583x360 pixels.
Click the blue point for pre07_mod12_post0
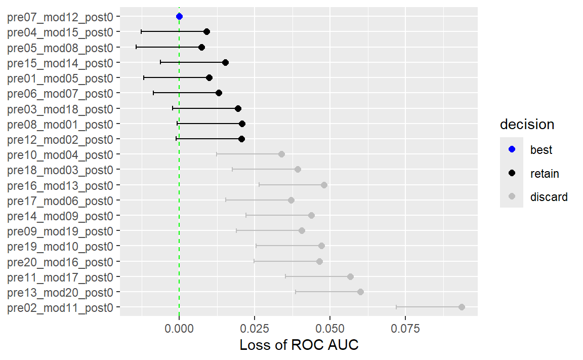click(x=179, y=17)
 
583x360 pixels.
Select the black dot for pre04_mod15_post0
click(x=206, y=32)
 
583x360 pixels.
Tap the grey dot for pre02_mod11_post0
click(x=462, y=307)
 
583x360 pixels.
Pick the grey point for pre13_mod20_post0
click(x=360, y=292)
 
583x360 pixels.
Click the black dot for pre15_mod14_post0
click(x=225, y=63)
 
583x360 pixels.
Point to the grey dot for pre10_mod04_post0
click(x=281, y=154)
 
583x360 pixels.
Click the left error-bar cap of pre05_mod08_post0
click(x=136, y=47)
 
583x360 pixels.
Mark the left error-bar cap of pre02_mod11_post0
click(x=396, y=307)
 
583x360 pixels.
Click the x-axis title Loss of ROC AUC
click(x=299, y=345)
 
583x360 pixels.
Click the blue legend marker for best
click(x=512, y=150)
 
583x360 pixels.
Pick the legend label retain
click(x=545, y=174)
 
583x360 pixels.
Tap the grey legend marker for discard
click(x=512, y=197)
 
